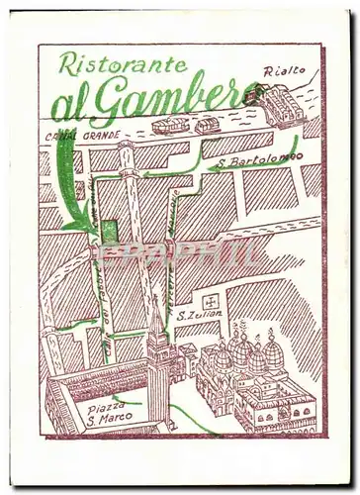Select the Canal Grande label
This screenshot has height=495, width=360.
[x=83, y=136]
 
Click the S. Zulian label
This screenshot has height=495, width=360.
[x=199, y=315]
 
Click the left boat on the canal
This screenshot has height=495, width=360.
[x=170, y=125]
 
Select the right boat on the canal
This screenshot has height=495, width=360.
[x=207, y=126]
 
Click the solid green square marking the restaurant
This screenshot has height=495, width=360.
[x=108, y=230]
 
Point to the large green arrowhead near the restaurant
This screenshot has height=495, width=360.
[x=77, y=225]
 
